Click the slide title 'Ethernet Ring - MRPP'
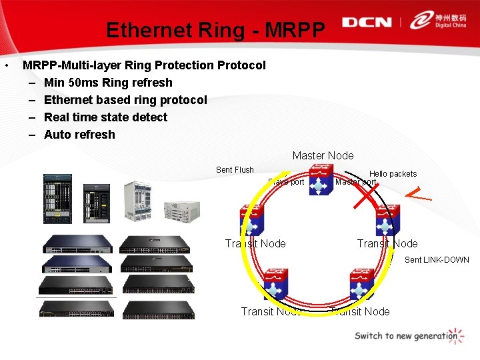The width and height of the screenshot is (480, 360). (x=216, y=30)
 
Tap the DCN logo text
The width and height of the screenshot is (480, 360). (x=367, y=22)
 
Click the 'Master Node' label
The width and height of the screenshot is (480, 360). (x=323, y=155)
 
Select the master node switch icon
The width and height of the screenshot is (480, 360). (x=321, y=182)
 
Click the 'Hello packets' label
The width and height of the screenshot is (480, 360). (x=393, y=174)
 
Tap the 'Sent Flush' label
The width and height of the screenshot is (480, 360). (x=235, y=170)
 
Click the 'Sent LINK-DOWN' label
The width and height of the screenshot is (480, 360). (x=437, y=260)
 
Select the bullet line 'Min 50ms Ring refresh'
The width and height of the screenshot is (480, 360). (x=108, y=83)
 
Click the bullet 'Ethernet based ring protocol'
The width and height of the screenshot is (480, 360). (x=125, y=100)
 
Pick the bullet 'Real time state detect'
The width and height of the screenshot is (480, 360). (x=105, y=117)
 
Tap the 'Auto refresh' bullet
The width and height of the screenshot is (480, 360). (x=79, y=135)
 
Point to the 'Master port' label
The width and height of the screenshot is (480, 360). (x=357, y=182)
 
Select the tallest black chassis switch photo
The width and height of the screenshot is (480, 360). (x=57, y=199)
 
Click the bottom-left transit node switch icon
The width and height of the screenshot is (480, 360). (x=275, y=284)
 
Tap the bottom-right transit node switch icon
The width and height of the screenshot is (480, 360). (x=362, y=284)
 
